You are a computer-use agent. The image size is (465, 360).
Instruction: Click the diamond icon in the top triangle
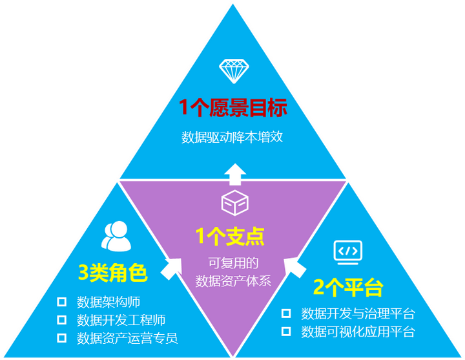tap(234, 71)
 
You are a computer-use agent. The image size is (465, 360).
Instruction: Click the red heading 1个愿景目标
tap(232, 107)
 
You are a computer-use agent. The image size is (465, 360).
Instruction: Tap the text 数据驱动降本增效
tap(232, 137)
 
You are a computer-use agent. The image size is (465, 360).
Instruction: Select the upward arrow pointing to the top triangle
tap(235, 175)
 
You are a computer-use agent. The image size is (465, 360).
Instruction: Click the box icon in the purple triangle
tap(235, 203)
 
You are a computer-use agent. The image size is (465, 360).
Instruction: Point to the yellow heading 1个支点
tap(230, 237)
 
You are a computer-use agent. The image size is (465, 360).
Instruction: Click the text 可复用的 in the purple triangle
tap(233, 263)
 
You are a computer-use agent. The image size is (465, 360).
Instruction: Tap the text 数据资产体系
tap(233, 281)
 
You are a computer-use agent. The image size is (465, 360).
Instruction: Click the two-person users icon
tap(116, 237)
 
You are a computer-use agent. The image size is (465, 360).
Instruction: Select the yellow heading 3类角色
tap(113, 273)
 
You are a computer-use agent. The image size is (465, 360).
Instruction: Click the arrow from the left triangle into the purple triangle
tap(171, 269)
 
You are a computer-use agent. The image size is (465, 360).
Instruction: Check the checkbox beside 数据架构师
tap(61, 302)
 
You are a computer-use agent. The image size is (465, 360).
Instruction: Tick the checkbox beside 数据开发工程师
tap(61, 320)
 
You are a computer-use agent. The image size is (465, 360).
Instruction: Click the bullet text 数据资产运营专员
tap(127, 338)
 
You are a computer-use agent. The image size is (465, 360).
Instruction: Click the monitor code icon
tap(348, 252)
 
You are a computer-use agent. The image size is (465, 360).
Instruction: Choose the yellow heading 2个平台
tap(349, 287)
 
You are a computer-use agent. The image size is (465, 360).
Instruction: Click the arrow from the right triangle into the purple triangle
tap(294, 268)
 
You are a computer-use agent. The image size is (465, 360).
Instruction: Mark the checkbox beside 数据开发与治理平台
tap(286, 313)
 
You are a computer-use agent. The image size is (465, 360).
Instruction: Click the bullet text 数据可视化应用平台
tap(358, 332)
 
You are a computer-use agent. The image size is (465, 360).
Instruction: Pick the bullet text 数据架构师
tap(108, 302)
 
